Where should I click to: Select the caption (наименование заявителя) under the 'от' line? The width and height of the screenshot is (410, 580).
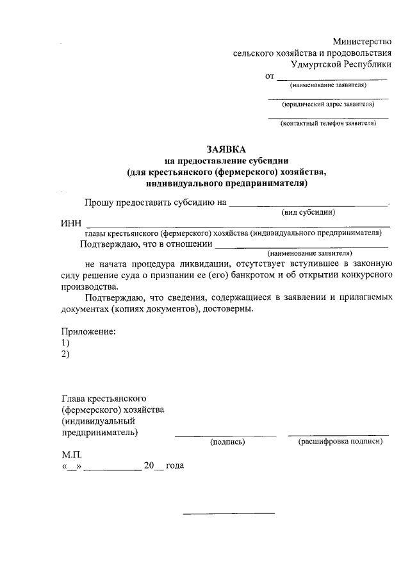tap(327, 85)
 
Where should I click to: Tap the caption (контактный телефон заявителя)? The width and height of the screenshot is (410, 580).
tap(327, 124)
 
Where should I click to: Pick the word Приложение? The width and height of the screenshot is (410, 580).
tap(89, 331)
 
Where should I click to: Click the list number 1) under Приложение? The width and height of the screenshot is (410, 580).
tap(66, 343)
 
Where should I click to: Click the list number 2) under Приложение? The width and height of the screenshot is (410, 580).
tap(66, 354)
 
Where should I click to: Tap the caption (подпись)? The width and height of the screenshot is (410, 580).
tap(228, 442)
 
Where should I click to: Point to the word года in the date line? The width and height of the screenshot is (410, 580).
tap(175, 466)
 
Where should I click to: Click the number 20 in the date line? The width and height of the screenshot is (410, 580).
tap(149, 466)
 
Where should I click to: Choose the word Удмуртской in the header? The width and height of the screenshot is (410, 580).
tap(315, 65)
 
